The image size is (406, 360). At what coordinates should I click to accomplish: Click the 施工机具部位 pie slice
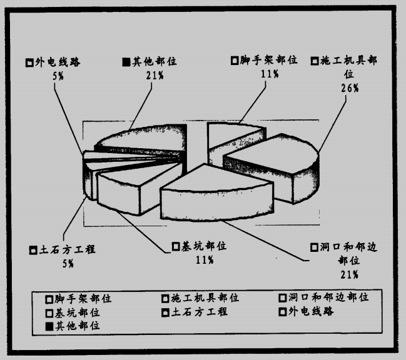click(x=275, y=166)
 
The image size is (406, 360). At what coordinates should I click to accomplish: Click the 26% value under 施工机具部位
click(x=350, y=88)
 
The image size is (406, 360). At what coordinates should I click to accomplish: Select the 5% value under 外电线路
click(x=58, y=76)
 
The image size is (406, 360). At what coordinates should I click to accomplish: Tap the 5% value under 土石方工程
click(x=68, y=264)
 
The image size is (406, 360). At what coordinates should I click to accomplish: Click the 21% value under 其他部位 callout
click(x=155, y=75)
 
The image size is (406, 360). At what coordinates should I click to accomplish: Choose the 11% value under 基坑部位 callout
click(x=205, y=259)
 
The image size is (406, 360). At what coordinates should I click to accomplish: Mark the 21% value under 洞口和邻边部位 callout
click(x=349, y=274)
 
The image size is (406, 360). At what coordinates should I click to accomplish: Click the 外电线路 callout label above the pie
click(x=58, y=62)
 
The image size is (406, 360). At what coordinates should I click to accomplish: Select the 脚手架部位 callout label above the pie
click(x=268, y=60)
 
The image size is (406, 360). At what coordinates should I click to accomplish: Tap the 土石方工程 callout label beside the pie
click(x=67, y=249)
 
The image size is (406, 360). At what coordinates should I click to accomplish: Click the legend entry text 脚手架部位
click(x=83, y=299)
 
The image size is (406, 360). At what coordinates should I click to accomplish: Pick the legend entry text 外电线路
click(x=311, y=311)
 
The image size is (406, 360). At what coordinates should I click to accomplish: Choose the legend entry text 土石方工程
click(x=200, y=312)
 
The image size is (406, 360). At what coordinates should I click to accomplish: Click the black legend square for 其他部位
click(x=49, y=326)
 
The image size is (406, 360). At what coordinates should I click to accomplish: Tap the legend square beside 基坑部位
click(x=49, y=313)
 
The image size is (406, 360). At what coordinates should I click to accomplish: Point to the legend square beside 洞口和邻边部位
click(x=283, y=298)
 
